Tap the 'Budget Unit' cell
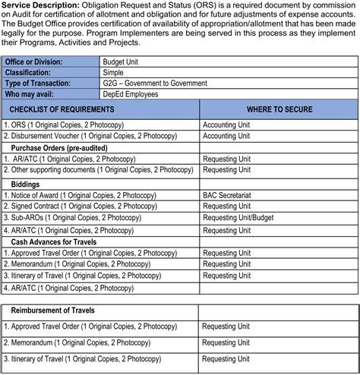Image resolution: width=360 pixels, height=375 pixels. (x=122, y=61)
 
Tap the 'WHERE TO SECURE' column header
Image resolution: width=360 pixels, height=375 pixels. (x=279, y=110)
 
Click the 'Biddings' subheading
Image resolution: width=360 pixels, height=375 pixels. (x=27, y=183)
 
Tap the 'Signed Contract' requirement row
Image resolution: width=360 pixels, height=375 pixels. (x=81, y=206)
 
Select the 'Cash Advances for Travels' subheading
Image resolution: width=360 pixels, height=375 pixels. (x=57, y=241)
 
